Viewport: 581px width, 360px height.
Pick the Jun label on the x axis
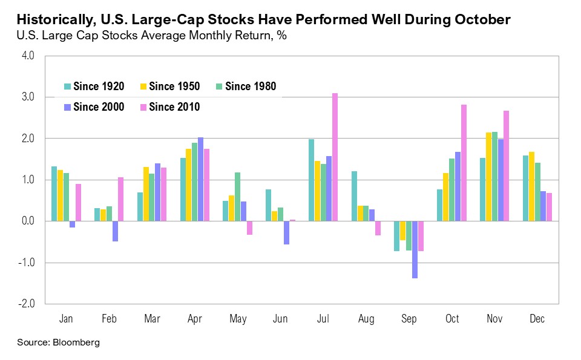(x=281, y=319)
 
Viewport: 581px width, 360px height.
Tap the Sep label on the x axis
(x=409, y=319)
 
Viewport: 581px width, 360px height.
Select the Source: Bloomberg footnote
(x=58, y=342)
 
